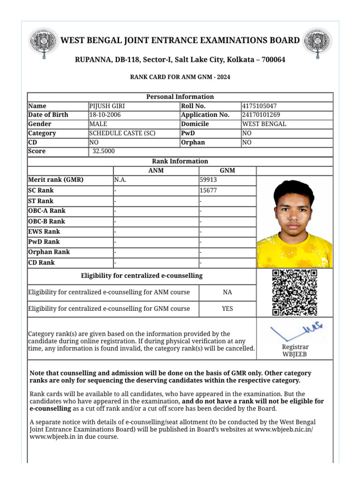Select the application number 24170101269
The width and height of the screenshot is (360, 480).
(261, 115)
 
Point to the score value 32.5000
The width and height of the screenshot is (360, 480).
(104, 151)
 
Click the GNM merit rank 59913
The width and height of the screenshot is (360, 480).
(209, 180)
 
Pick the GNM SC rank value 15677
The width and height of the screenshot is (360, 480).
(208, 191)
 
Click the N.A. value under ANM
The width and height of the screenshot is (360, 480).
(120, 180)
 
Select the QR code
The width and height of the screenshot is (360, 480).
(295, 292)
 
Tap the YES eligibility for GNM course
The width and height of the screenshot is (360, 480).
(227, 308)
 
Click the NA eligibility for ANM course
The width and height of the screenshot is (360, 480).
(227, 292)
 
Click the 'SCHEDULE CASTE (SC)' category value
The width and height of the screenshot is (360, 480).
(122, 133)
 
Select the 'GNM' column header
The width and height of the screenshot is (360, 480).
(227, 171)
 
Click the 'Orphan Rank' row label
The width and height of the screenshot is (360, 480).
(49, 252)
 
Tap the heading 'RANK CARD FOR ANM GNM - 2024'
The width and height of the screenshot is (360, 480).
(180, 77)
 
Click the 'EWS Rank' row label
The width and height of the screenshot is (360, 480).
(44, 232)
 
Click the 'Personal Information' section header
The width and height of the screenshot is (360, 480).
(180, 97)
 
